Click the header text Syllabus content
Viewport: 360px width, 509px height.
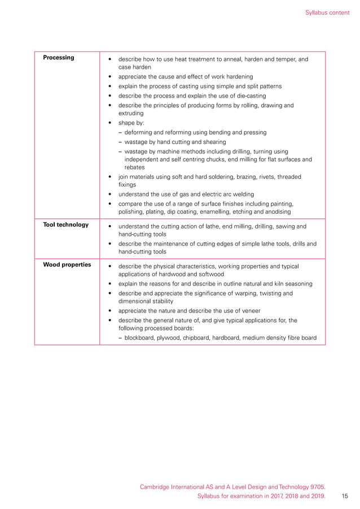coord(327,12)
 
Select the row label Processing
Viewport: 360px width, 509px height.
coord(59,58)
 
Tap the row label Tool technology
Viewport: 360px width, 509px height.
coord(66,225)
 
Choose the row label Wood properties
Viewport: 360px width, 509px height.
coord(67,265)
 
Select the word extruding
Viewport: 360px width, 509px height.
coord(131,113)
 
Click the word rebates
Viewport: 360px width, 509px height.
coord(135,167)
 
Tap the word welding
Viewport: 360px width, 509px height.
coord(242,194)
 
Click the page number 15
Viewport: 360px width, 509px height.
coord(345,496)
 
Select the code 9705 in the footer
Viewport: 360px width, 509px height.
coord(317,486)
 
